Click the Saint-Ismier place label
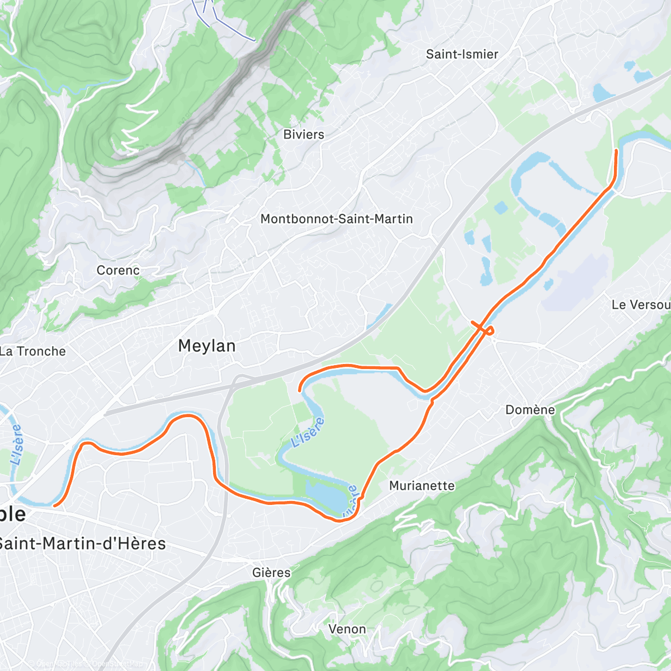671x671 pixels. click(x=462, y=54)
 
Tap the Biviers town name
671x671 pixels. click(x=304, y=135)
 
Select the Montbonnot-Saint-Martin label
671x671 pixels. click(x=337, y=219)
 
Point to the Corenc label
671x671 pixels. click(x=118, y=271)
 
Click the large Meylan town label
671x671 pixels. click(x=207, y=346)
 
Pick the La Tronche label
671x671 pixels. click(x=33, y=352)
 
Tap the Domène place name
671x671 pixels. click(x=530, y=410)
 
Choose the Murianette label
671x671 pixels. click(x=422, y=486)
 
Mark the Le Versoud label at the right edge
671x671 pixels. click(x=641, y=305)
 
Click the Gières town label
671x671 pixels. click(x=271, y=573)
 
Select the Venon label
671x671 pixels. click(x=347, y=629)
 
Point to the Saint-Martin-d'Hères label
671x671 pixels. click(x=82, y=544)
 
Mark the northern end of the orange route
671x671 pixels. click(x=617, y=150)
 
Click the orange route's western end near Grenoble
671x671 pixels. click(x=55, y=505)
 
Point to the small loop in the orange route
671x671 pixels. click(x=489, y=330)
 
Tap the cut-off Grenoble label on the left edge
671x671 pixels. click(x=12, y=514)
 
